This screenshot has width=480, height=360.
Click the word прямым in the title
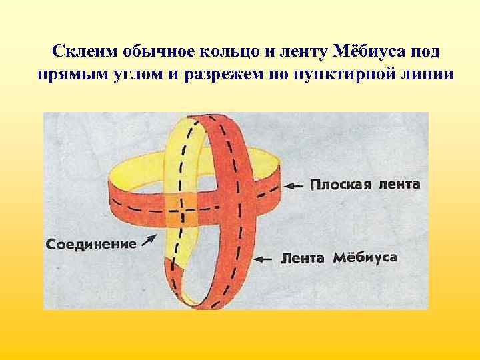click(x=69, y=75)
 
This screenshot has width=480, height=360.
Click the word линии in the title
click(x=424, y=75)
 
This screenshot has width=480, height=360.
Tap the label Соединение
click(x=91, y=244)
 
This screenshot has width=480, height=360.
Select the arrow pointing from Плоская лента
click(x=294, y=185)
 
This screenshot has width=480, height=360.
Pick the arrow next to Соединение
click(x=150, y=239)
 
